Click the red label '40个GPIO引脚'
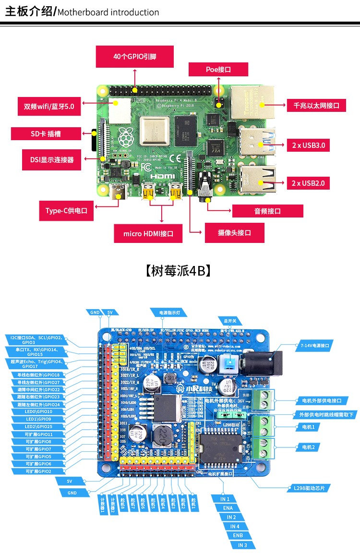[x=135, y=57]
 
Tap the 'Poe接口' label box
[x=218, y=70]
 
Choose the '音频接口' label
[x=267, y=211]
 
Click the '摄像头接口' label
[x=234, y=233]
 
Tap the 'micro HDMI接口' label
[x=148, y=234]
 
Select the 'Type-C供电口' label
[x=66, y=211]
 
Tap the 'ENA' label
[x=228, y=508]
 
